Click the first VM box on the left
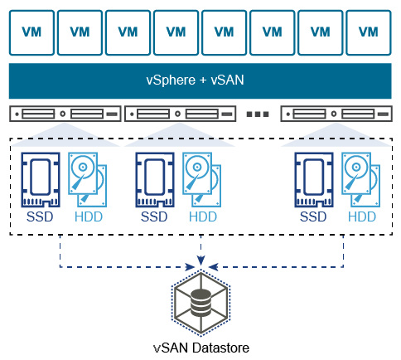click(x=31, y=32)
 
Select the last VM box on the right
click(x=369, y=32)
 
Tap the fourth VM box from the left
click(x=176, y=32)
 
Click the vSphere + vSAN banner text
click(x=200, y=81)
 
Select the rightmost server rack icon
click(x=336, y=114)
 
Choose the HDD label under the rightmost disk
click(x=361, y=217)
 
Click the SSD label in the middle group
click(x=153, y=217)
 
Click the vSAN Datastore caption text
click(x=200, y=348)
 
